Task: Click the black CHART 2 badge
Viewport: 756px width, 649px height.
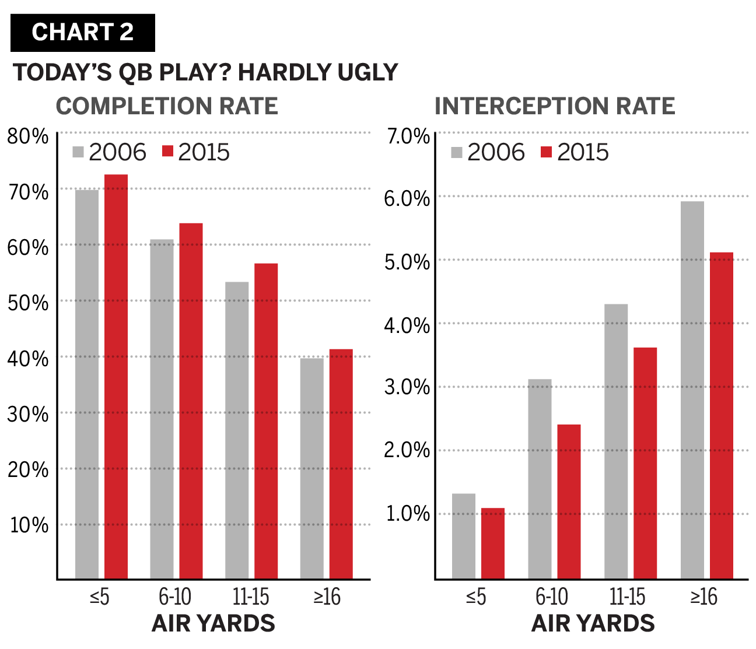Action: coord(83,33)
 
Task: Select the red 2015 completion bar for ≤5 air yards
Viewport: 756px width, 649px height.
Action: coord(116,377)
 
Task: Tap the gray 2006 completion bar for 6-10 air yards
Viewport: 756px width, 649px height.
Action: coord(162,409)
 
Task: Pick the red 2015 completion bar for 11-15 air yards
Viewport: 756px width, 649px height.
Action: coord(266,421)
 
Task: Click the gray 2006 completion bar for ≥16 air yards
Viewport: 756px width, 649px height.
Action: coord(312,469)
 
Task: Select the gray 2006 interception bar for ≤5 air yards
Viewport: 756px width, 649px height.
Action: coord(464,536)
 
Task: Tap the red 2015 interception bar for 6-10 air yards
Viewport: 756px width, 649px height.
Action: coord(569,501)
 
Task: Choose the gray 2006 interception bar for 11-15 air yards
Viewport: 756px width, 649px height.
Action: coord(616,441)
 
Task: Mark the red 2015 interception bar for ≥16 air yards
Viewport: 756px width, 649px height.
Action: coord(721,416)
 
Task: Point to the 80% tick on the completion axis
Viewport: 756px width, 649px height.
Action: coord(28,136)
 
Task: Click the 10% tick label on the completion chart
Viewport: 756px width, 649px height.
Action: coord(29,525)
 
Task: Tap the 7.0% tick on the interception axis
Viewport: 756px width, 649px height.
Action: coord(408,136)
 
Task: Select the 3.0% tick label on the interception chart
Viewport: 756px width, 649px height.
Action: coord(407,387)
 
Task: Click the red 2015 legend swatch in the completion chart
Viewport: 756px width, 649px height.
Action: coord(167,152)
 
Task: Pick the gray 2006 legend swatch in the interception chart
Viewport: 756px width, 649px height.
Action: coord(457,152)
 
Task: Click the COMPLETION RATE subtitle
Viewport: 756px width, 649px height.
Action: coord(167,106)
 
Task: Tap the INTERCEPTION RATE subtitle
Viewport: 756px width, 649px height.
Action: coord(555,106)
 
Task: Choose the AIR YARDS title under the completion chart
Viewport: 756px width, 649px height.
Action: coord(213,623)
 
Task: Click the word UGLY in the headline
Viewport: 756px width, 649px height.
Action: coord(368,72)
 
